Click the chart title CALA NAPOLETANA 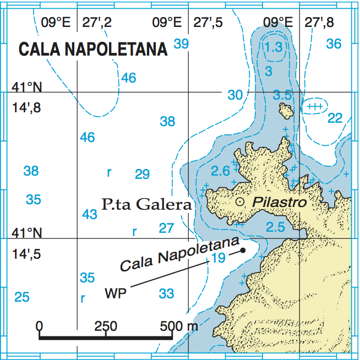pyautogui.click(x=93, y=49)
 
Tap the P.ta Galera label pyautogui.click(x=147, y=205)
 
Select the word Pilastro pyautogui.click(x=279, y=202)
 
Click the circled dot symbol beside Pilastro pyautogui.click(x=240, y=202)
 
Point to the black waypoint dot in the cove pyautogui.click(x=243, y=251)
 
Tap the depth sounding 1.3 pyautogui.click(x=273, y=48)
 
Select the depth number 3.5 pyautogui.click(x=282, y=95)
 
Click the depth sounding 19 pyautogui.click(x=218, y=258)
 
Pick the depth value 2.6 pyautogui.click(x=220, y=171)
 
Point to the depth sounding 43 pyautogui.click(x=90, y=214)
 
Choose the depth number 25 pyautogui.click(x=22, y=297)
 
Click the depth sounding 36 pyautogui.click(x=334, y=43)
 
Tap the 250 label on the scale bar pyautogui.click(x=105, y=326)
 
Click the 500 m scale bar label pyautogui.click(x=178, y=326)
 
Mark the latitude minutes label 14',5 pyautogui.click(x=26, y=255)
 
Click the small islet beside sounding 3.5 pyautogui.click(x=286, y=111)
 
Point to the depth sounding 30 pyautogui.click(x=235, y=95)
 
